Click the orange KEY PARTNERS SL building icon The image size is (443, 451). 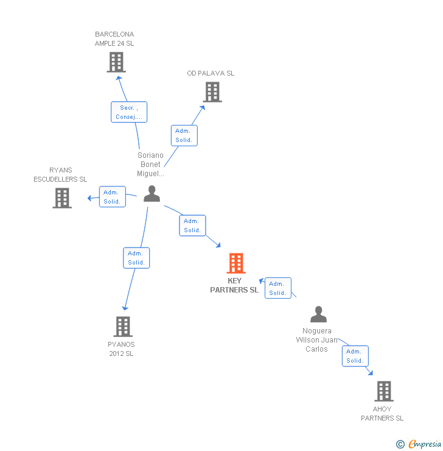236,263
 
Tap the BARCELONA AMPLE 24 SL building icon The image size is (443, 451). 116,62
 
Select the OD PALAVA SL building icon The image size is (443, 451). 212,92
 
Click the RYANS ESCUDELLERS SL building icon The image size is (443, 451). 62,198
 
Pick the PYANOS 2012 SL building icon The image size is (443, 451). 123,327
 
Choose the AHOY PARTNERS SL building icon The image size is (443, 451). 383,391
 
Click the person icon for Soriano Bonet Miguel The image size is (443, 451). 152,194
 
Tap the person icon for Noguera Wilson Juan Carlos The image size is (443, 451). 318,314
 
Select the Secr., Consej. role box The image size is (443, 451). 129,112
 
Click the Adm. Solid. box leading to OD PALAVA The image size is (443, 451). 184,135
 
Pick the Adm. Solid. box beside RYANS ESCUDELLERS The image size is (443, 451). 112,197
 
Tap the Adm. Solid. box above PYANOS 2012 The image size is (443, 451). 136,258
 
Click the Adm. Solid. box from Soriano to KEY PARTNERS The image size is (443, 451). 192,225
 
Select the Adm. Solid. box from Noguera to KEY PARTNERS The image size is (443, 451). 277,288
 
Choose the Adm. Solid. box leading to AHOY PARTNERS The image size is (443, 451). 355,356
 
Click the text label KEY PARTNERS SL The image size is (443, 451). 234,285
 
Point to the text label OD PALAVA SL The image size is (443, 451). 211,73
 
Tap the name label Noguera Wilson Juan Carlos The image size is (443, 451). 317,340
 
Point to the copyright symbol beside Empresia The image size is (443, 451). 400,444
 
